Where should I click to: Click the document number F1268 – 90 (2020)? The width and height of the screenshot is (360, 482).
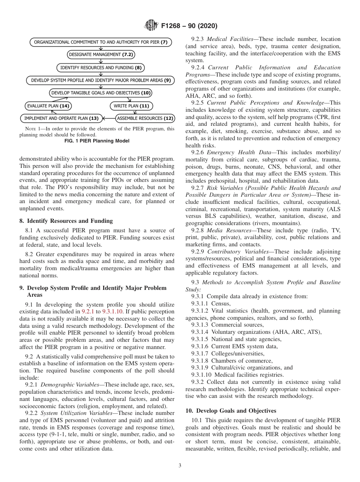pyautogui.click(x=189, y=26)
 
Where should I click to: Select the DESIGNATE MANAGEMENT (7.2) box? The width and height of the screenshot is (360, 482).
pyautogui.click(x=101, y=55)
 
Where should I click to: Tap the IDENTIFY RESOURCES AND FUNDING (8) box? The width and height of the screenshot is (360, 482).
pyautogui.click(x=101, y=68)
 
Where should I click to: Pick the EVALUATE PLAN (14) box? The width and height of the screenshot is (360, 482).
pyautogui.click(x=48, y=106)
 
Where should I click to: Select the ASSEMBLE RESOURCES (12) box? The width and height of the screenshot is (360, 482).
pyautogui.click(x=145, y=119)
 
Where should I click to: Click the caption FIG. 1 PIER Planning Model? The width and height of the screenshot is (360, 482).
pyautogui.click(x=97, y=141)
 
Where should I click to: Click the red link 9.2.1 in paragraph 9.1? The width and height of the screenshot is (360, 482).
pyautogui.click(x=88, y=311)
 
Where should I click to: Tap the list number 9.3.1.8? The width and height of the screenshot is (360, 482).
pyautogui.click(x=200, y=361)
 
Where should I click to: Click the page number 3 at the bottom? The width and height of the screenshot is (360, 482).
pyautogui.click(x=180, y=466)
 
